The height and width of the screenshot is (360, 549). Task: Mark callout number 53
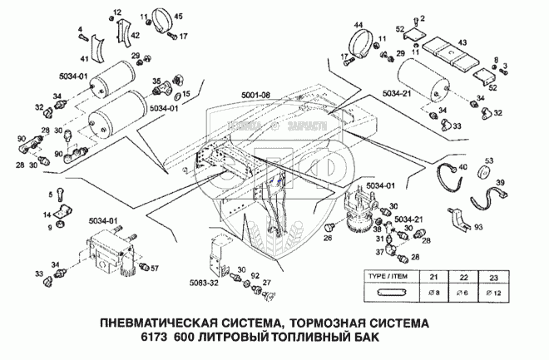tap(489, 161)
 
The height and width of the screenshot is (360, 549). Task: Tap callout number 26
tap(328, 238)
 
